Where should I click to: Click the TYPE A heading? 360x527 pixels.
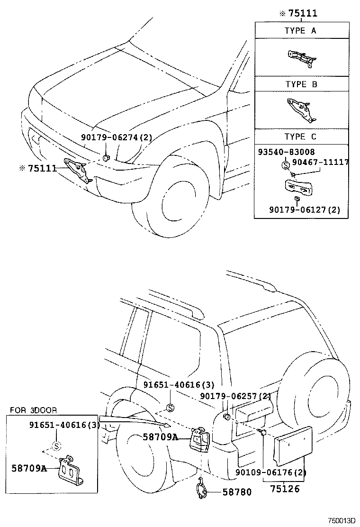[300, 31]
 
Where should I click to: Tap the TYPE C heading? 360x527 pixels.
[300, 136]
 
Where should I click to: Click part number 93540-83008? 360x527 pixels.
[287, 152]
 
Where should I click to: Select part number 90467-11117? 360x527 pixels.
[320, 162]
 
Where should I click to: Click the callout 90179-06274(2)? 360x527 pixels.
[117, 137]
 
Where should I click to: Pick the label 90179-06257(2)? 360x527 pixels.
[235, 396]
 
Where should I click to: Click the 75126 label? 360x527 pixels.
[285, 489]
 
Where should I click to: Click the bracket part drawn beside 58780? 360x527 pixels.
[203, 490]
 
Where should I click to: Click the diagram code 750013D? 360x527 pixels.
[342, 520]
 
